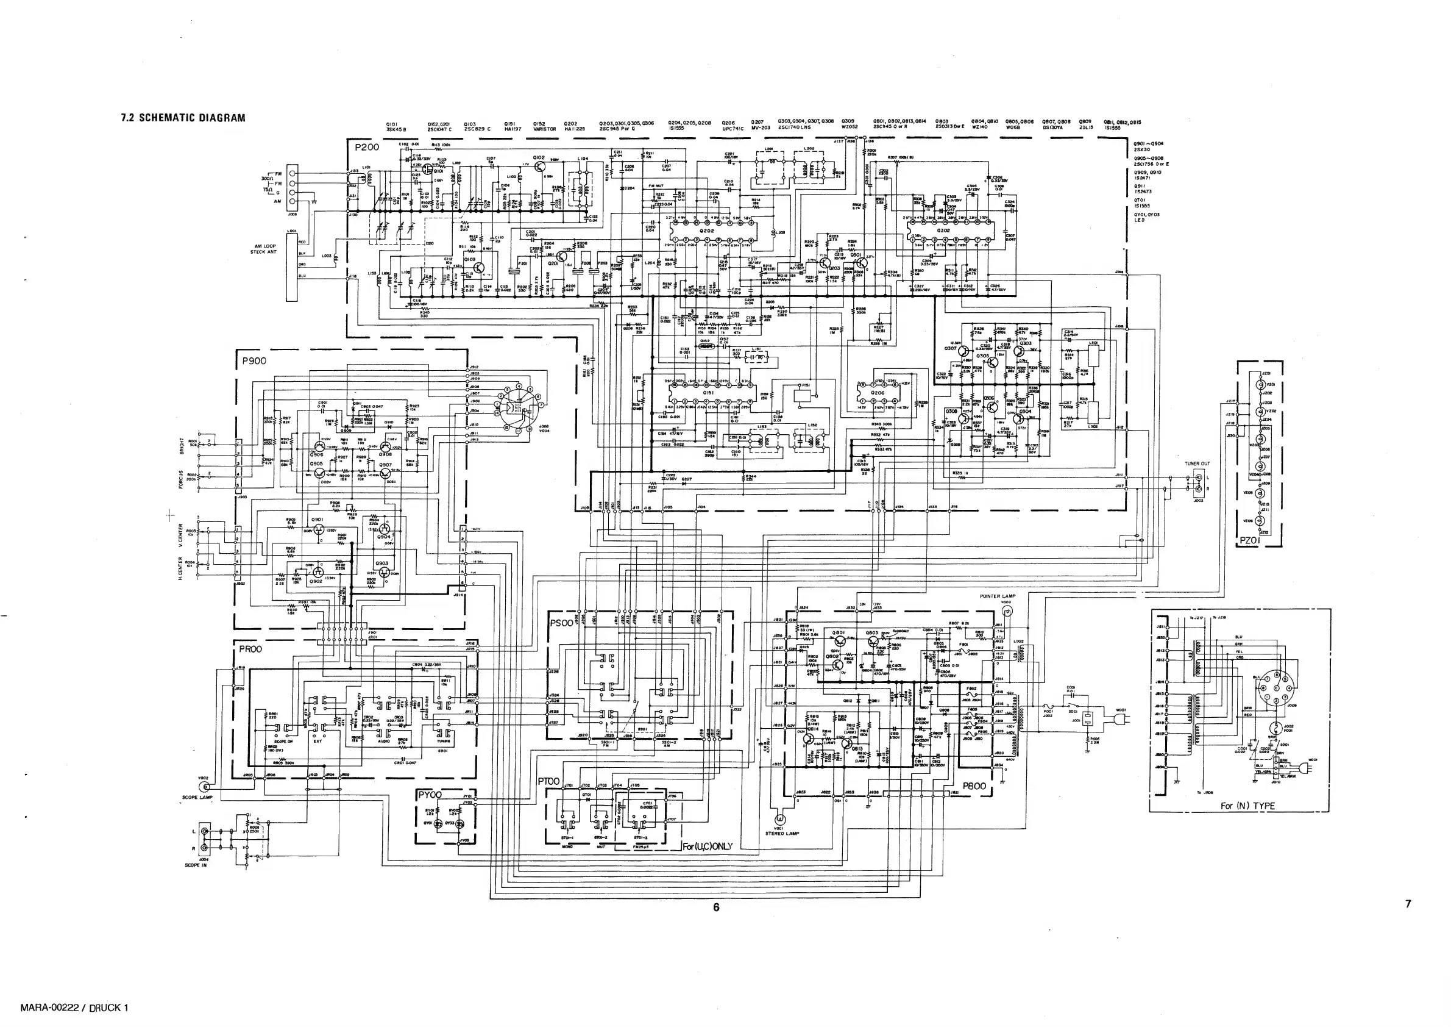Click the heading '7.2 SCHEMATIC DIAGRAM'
(183, 118)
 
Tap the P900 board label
(254, 360)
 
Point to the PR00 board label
(250, 649)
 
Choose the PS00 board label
(562, 623)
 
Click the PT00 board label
(549, 782)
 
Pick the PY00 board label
(430, 794)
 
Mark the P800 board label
(974, 786)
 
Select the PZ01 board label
(1249, 541)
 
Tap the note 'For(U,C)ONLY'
(706, 846)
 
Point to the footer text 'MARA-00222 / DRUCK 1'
(74, 1008)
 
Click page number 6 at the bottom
(716, 907)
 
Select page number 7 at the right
(1407, 904)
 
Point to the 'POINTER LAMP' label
(997, 596)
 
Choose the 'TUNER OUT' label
(1197, 463)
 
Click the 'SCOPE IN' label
(196, 865)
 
